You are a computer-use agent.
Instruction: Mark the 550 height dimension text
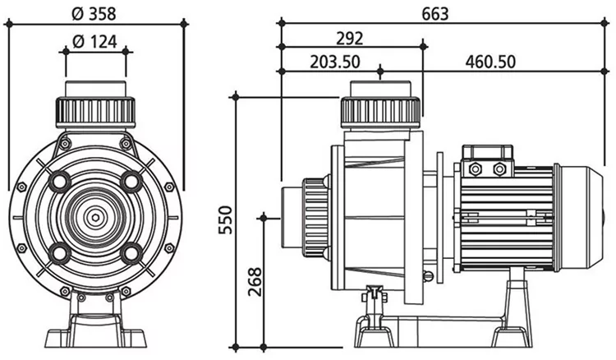[x=226, y=219]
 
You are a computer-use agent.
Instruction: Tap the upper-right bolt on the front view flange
[x=131, y=181]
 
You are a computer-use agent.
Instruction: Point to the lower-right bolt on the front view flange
[x=131, y=252]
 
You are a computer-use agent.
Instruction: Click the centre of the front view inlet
[x=96, y=217]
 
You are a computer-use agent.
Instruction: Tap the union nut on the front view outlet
[x=96, y=111]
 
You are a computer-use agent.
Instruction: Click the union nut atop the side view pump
[x=381, y=110]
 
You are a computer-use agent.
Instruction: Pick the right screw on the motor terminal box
[x=499, y=168]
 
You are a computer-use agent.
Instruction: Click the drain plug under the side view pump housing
[x=375, y=294]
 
